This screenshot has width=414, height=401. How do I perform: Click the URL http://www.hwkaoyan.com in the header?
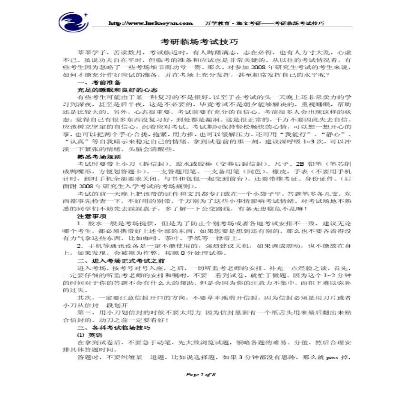pos(151,23)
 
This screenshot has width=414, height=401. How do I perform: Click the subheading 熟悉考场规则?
pos(99,156)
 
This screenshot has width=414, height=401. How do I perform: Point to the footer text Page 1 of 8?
pos(200,374)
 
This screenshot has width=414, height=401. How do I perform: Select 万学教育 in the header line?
pos(212,23)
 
